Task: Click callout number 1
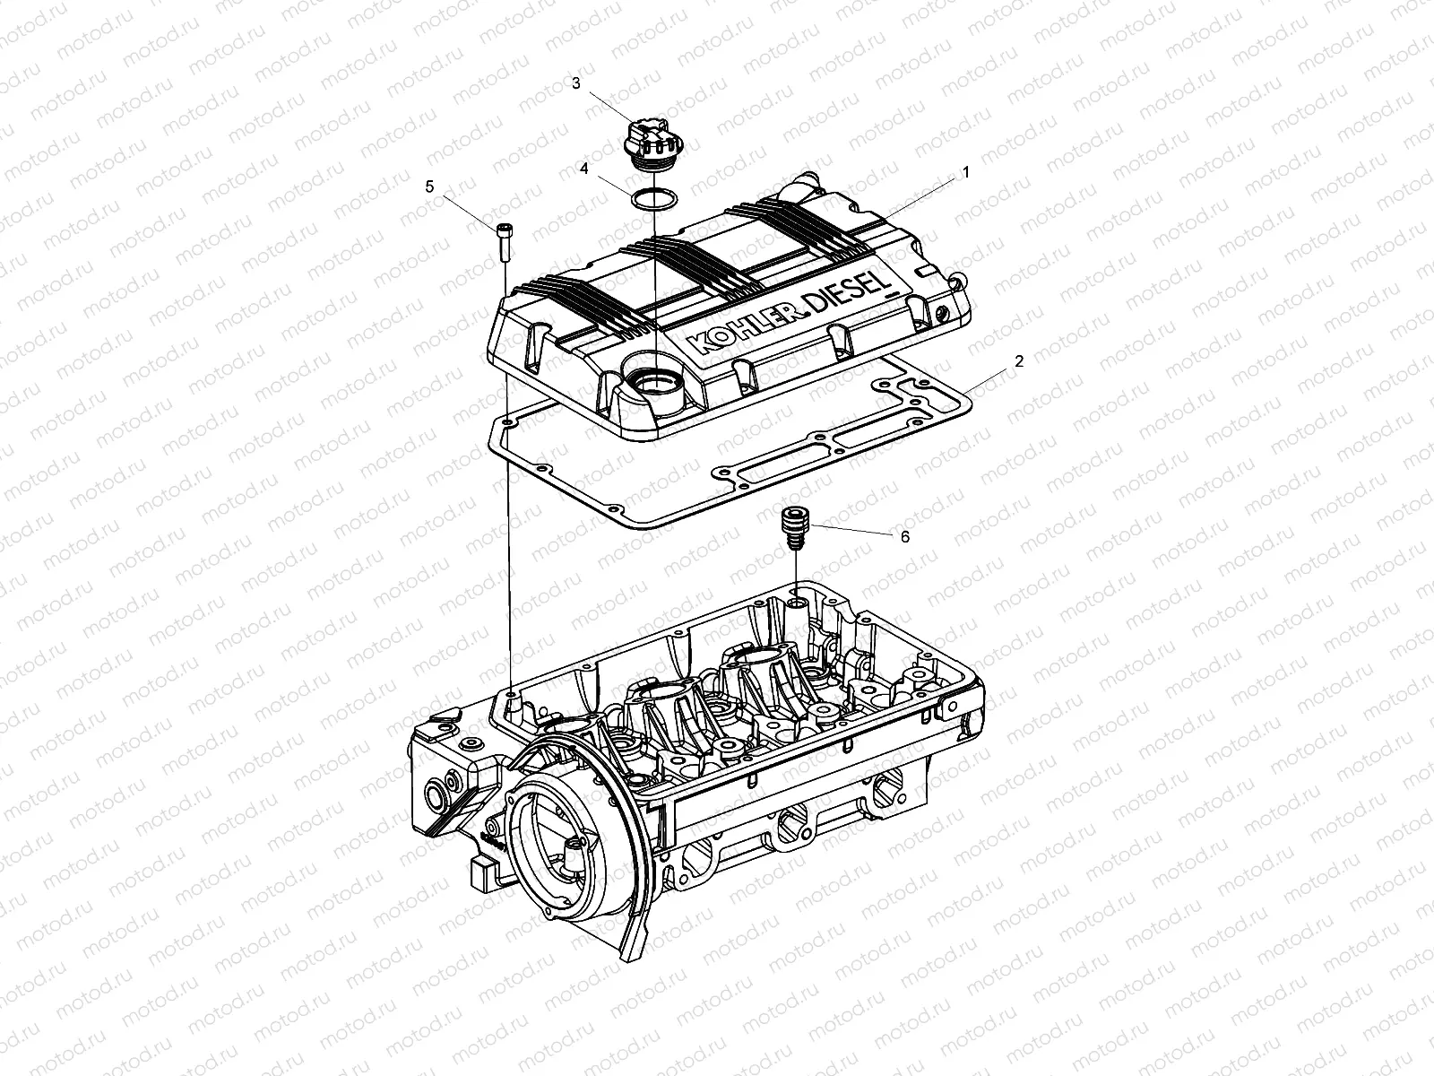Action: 966,169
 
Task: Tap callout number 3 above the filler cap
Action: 576,83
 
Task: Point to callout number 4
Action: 583,168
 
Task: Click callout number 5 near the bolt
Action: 429,186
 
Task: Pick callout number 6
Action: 904,536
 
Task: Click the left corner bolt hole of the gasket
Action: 508,420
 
